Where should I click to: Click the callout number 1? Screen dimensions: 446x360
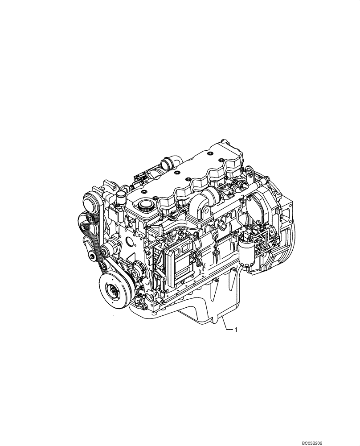pyautogui.click(x=236, y=330)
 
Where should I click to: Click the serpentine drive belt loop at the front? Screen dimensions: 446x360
pyautogui.click(x=89, y=236)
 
